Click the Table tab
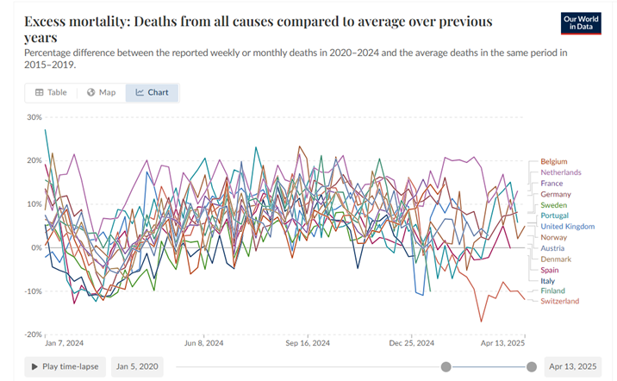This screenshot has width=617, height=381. [51, 92]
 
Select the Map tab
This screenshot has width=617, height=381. [101, 92]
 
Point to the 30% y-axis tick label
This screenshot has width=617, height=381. [34, 117]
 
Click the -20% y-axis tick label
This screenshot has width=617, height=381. [33, 334]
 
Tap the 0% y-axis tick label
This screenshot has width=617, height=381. [38, 247]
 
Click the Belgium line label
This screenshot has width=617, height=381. [553, 161]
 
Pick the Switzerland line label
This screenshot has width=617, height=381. [559, 301]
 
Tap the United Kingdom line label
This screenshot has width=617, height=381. [567, 227]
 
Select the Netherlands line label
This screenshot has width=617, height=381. [560, 172]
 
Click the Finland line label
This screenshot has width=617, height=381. [552, 290]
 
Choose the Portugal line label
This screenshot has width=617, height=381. [554, 215]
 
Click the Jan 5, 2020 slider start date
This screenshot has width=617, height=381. [137, 366]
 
